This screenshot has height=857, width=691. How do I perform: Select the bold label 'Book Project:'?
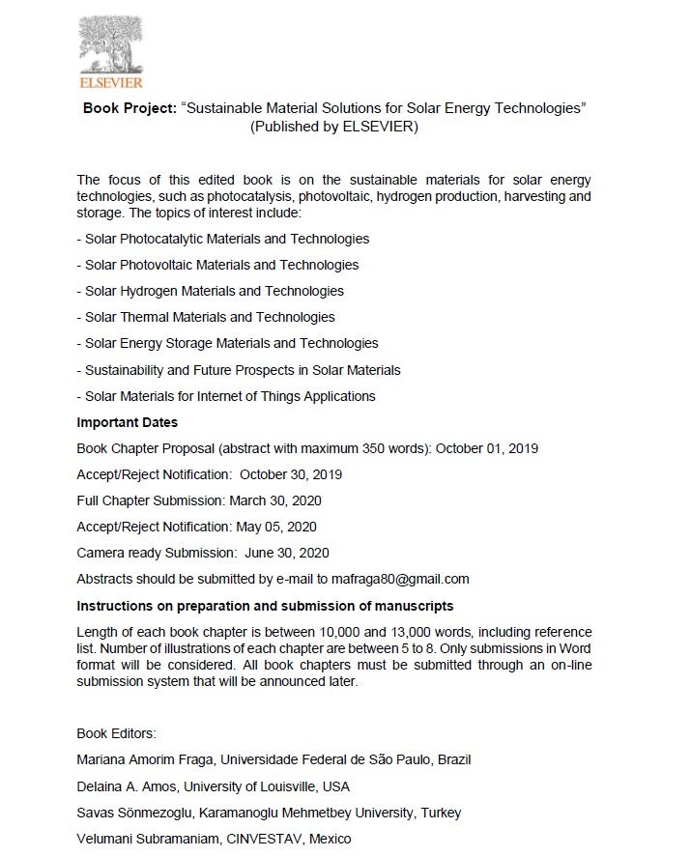(130, 108)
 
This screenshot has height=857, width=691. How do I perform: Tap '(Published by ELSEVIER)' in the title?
(333, 127)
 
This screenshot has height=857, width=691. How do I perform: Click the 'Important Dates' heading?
(127, 422)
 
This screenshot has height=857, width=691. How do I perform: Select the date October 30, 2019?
(291, 474)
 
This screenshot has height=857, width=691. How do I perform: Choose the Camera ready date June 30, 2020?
(287, 553)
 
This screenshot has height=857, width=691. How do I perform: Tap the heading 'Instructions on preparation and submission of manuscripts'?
(265, 606)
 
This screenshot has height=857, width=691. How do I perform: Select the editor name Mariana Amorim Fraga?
(149, 759)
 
